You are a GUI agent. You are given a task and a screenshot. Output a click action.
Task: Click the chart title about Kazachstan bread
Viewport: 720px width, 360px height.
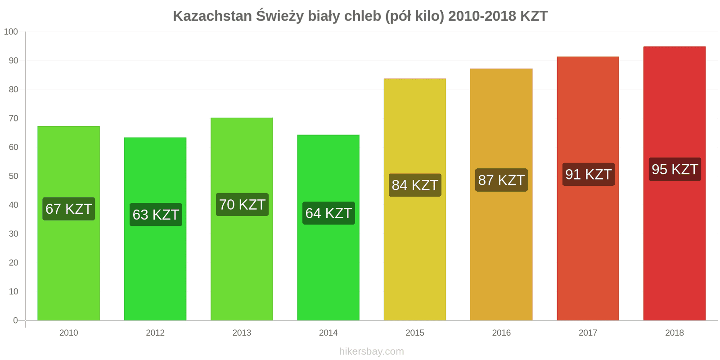click(360, 16)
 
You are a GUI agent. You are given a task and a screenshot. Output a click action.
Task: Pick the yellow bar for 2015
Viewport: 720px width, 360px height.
click(414, 252)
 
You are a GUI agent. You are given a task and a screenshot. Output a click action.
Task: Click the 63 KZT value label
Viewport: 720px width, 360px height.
click(156, 215)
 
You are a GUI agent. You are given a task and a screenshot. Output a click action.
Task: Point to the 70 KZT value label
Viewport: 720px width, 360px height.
click(242, 205)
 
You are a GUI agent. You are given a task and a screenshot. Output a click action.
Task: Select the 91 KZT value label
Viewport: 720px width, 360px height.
click(588, 175)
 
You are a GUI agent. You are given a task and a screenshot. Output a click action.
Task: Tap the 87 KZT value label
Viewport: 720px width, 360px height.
click(501, 180)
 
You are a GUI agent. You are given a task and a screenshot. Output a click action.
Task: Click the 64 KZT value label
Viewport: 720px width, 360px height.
click(328, 213)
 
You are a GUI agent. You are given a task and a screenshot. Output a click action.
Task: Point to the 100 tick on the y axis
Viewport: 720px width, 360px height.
click(11, 32)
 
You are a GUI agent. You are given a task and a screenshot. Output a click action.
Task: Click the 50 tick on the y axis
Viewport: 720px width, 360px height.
click(13, 176)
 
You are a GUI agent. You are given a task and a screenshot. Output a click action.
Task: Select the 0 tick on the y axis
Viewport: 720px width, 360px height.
click(15, 320)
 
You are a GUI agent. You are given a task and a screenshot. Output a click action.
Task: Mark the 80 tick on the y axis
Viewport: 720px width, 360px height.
click(13, 90)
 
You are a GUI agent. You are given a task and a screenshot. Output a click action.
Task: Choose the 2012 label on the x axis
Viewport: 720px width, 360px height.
click(155, 333)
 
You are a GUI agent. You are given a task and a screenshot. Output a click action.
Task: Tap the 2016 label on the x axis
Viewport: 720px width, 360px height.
click(501, 333)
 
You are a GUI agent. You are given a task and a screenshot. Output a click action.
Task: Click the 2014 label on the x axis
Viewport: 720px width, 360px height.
click(328, 333)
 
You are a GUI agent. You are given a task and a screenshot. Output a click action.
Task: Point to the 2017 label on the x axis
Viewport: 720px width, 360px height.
click(588, 333)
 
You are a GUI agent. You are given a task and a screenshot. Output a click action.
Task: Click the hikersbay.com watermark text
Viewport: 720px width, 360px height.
click(371, 351)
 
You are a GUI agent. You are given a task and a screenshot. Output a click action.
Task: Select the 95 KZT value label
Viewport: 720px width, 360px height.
click(675, 170)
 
